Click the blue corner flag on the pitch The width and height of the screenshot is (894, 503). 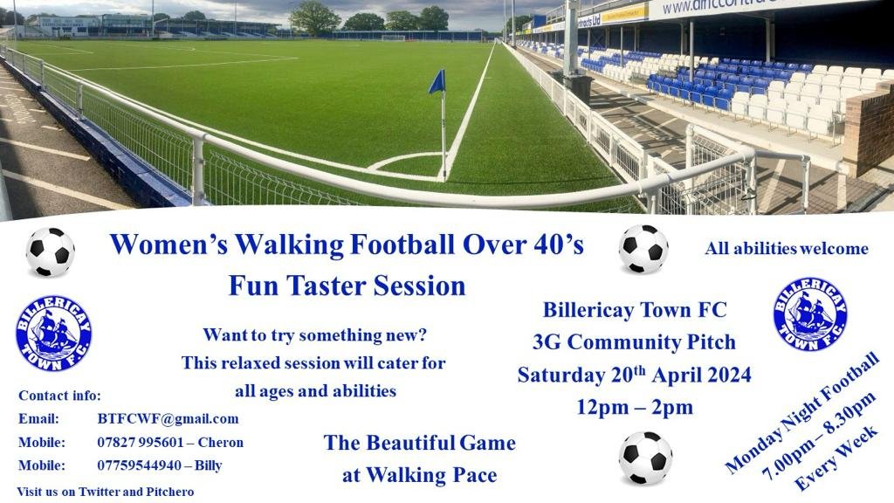437,82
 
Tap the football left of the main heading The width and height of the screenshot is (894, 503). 50,252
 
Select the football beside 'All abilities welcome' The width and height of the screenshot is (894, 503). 643,249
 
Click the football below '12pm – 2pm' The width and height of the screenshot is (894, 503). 645,458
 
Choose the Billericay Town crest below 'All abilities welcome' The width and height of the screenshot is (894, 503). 810,314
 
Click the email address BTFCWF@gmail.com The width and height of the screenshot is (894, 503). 168,419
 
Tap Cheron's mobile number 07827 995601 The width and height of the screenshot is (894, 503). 141,443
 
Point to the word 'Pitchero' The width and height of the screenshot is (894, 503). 170,492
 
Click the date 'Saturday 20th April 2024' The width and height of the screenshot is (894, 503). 634,375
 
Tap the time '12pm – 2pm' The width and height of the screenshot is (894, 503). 635,407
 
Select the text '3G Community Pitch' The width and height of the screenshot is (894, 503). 634,342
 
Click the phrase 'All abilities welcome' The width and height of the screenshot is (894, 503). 787,249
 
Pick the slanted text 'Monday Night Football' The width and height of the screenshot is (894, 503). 801,413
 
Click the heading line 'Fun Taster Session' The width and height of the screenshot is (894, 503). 347,286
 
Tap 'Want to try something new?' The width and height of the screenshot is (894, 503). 314,334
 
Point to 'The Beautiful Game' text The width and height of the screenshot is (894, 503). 420,443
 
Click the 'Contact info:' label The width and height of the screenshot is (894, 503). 60,396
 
